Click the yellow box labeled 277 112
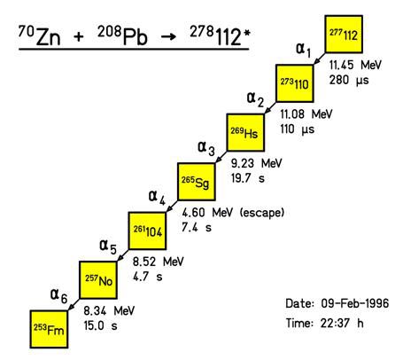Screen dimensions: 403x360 (x=344, y=35)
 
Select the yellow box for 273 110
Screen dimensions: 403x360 (x=294, y=83)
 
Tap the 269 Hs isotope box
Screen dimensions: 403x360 (x=245, y=133)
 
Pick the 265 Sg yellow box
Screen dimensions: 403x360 (x=196, y=182)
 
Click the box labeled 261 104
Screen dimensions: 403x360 (x=147, y=231)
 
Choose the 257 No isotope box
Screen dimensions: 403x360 (x=98, y=280)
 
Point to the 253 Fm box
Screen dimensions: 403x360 (x=49, y=329)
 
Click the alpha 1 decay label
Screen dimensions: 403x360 (x=303, y=50)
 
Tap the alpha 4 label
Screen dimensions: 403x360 (x=157, y=197)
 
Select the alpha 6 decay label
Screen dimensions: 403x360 (x=58, y=295)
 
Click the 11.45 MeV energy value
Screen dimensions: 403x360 (x=355, y=65)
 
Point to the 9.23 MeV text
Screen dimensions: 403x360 (x=256, y=163)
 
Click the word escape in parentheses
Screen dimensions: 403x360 (x=262, y=213)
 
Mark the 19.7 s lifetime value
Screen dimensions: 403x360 (x=248, y=178)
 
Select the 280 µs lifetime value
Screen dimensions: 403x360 (x=349, y=80)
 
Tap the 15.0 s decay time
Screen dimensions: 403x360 (x=100, y=325)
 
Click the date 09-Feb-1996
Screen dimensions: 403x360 (x=355, y=303)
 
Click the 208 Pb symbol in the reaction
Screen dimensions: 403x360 (x=122, y=35)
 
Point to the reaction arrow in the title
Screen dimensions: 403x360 (x=169, y=37)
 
